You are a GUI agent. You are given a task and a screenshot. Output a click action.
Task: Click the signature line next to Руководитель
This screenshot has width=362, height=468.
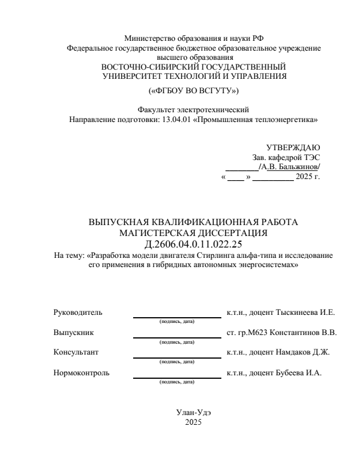click(x=177, y=317)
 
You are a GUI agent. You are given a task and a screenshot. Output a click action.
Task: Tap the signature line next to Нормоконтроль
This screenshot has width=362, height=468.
click(x=177, y=377)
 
